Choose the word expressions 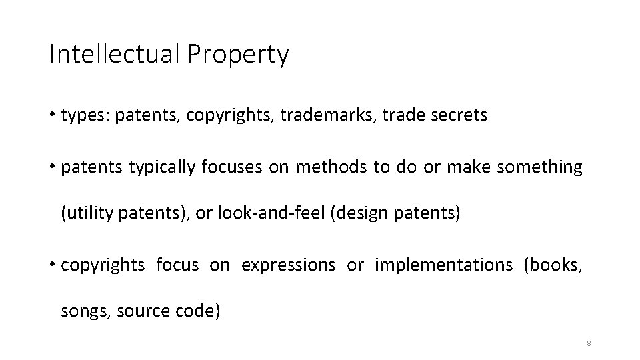(288, 265)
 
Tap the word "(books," (553, 265)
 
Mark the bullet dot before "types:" (52, 115)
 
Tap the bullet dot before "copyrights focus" (52, 265)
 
